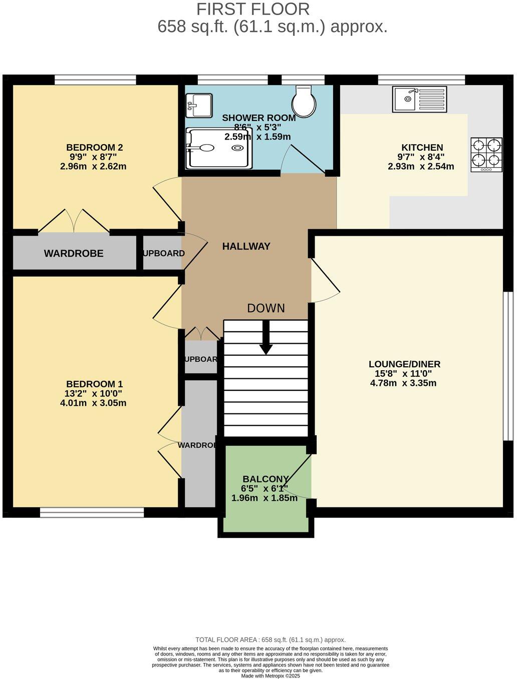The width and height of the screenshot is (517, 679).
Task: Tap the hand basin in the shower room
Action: tap(199, 106)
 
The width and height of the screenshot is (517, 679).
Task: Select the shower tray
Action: tap(219, 148)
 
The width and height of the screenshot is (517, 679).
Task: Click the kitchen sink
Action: tap(419, 99)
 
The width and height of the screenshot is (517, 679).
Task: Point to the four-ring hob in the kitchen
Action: tap(486, 155)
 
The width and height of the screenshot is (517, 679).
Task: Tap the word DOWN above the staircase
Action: tap(266, 308)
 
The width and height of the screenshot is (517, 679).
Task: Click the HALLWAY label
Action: tap(246, 246)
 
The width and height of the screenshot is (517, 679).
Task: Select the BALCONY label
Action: tap(266, 479)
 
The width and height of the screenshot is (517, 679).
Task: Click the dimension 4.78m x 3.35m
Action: tap(403, 383)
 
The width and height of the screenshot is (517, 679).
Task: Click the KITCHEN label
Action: tap(422, 148)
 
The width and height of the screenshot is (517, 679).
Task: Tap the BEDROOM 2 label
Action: tap(94, 148)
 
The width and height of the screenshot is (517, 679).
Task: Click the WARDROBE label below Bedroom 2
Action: tap(74, 253)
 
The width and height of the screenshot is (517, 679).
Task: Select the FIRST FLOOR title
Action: tap(252, 9)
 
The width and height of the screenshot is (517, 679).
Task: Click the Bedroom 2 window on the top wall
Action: tap(95, 80)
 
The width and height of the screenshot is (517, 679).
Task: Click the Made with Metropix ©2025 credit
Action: tap(271, 675)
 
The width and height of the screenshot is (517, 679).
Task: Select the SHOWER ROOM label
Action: tap(258, 118)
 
